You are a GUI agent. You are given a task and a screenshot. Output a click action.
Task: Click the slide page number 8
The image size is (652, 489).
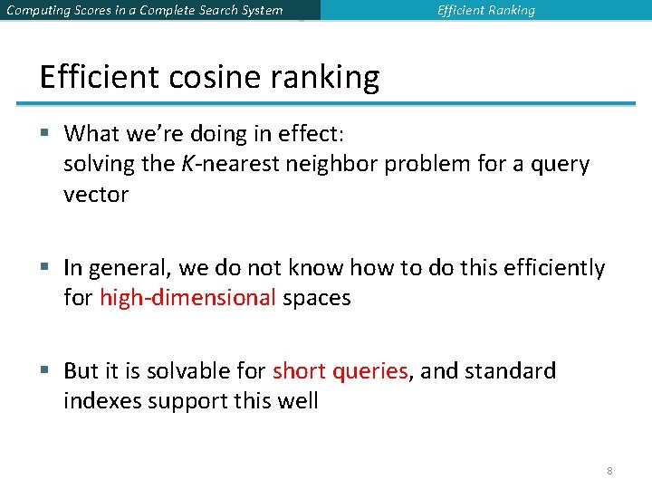click(x=609, y=471)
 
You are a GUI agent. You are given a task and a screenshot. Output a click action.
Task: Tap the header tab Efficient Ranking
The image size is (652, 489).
click(x=485, y=11)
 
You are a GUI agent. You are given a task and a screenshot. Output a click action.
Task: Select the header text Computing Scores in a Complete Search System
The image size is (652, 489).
click(x=144, y=11)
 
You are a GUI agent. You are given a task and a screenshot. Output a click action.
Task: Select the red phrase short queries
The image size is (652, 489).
click(x=340, y=370)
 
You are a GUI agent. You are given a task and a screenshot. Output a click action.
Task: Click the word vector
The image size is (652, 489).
click(x=96, y=195)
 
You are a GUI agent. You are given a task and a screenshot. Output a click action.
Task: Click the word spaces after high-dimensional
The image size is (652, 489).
click(x=316, y=298)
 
